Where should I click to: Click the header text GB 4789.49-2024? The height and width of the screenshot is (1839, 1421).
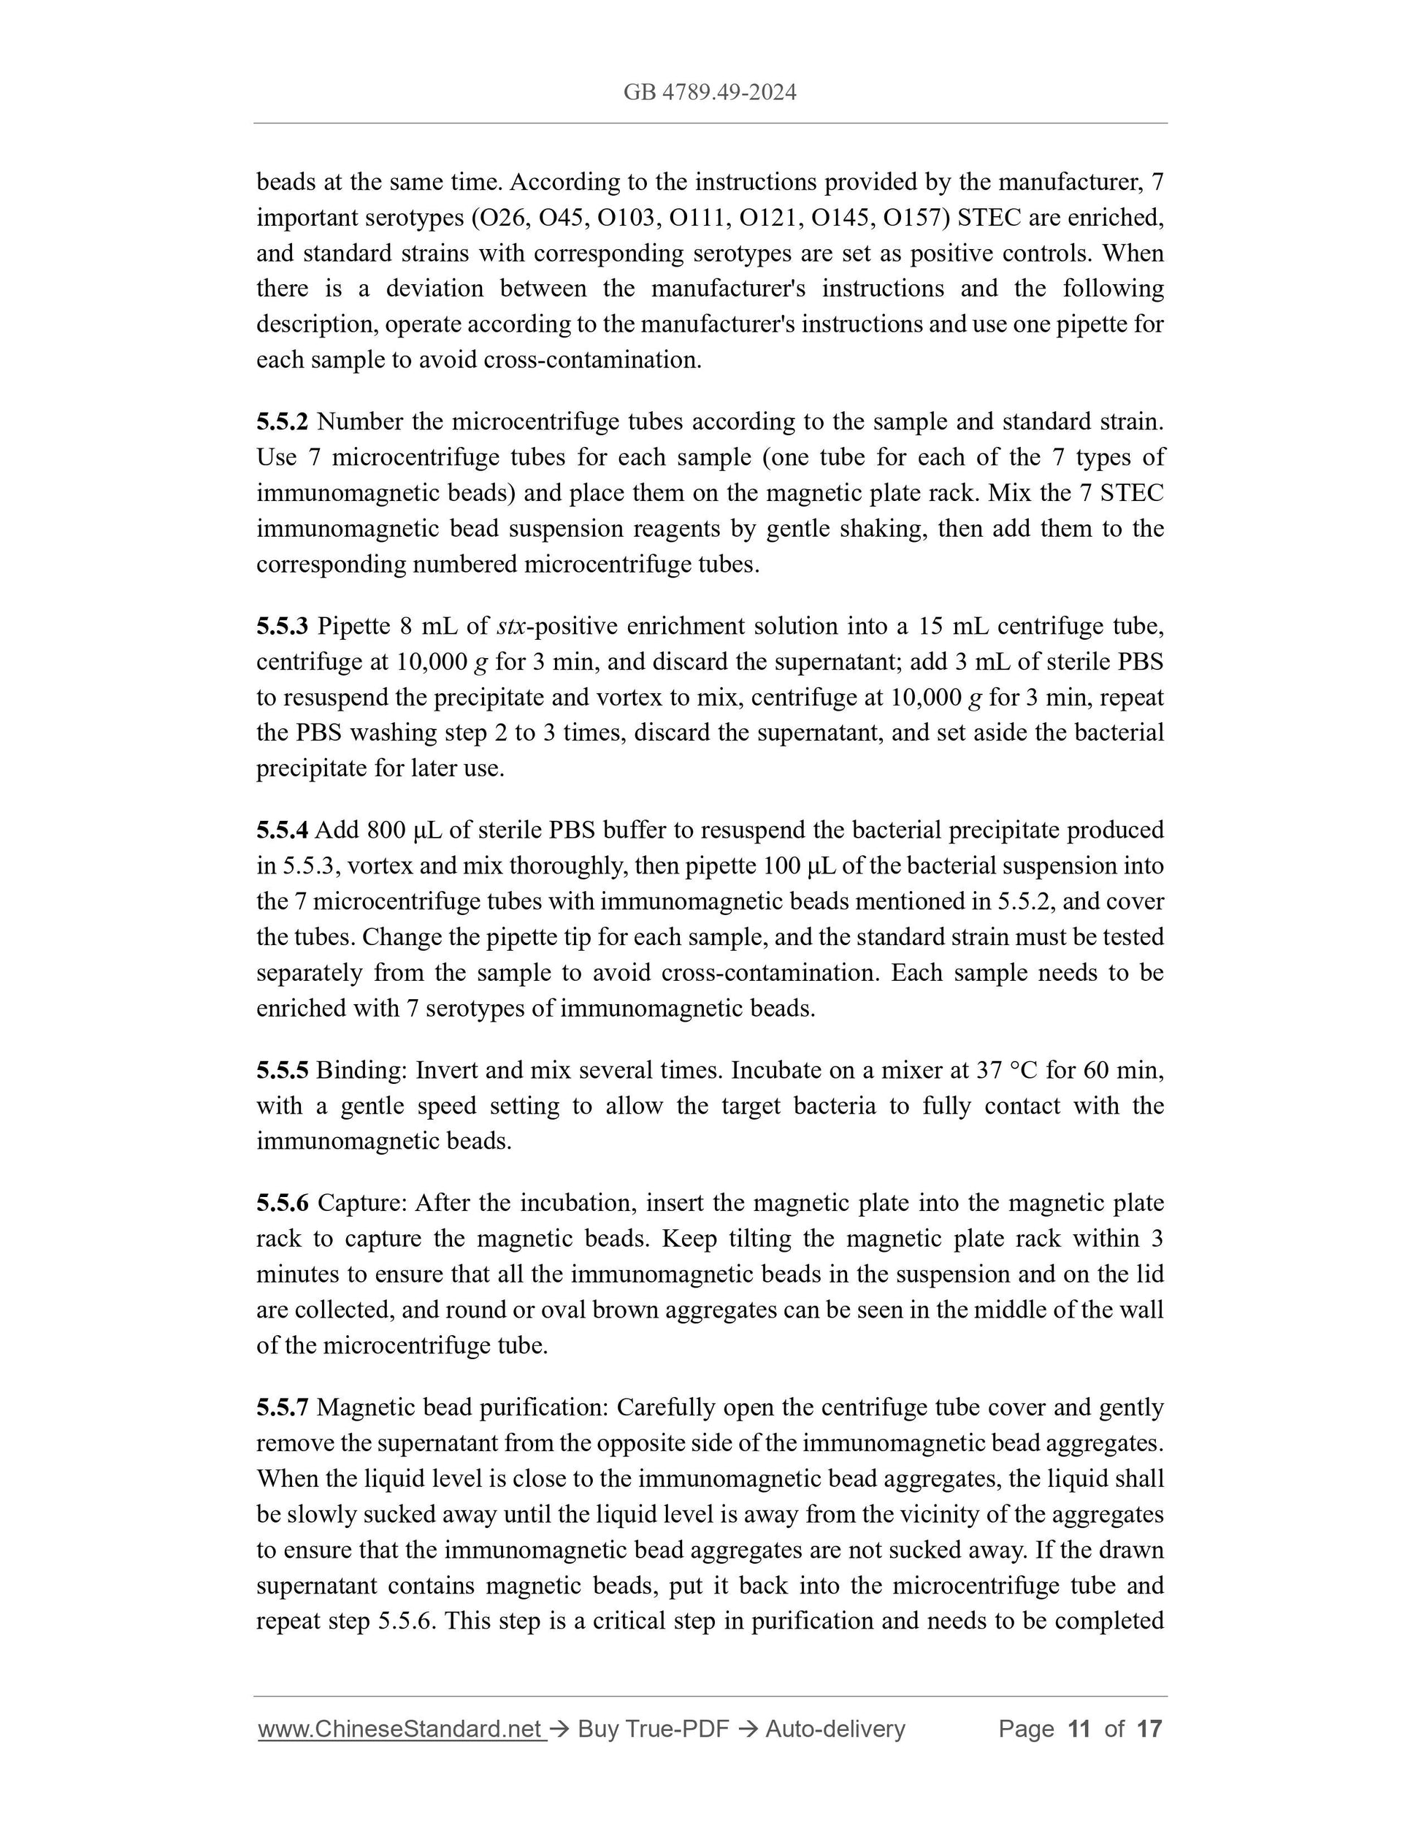[710, 92]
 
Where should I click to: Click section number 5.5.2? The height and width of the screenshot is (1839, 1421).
[282, 421]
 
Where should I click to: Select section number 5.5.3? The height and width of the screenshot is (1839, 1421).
[282, 626]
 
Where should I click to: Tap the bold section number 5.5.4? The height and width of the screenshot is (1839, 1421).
[282, 830]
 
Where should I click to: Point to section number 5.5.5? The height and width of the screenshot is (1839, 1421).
[282, 1070]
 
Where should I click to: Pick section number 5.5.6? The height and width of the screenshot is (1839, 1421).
[282, 1202]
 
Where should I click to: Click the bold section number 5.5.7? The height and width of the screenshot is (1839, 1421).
[282, 1407]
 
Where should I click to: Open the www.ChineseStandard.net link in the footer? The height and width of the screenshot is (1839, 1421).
[401, 1729]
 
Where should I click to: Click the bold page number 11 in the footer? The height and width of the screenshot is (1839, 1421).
[1079, 1729]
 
